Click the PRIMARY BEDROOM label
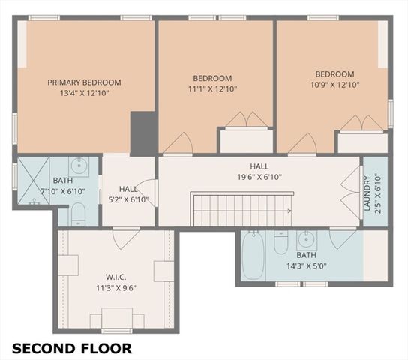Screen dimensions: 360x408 click(x=84, y=82)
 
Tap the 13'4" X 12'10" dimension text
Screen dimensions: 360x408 click(x=84, y=94)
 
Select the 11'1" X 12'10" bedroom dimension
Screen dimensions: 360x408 click(x=212, y=88)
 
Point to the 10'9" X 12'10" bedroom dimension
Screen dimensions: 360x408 click(x=334, y=85)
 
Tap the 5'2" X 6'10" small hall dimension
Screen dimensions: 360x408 click(x=128, y=200)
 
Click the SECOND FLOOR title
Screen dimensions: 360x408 click(x=72, y=348)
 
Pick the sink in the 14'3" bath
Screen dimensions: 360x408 click(x=306, y=241)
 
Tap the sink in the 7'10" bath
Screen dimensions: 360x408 click(x=79, y=166)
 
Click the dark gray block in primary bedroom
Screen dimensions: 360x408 click(x=142, y=133)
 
